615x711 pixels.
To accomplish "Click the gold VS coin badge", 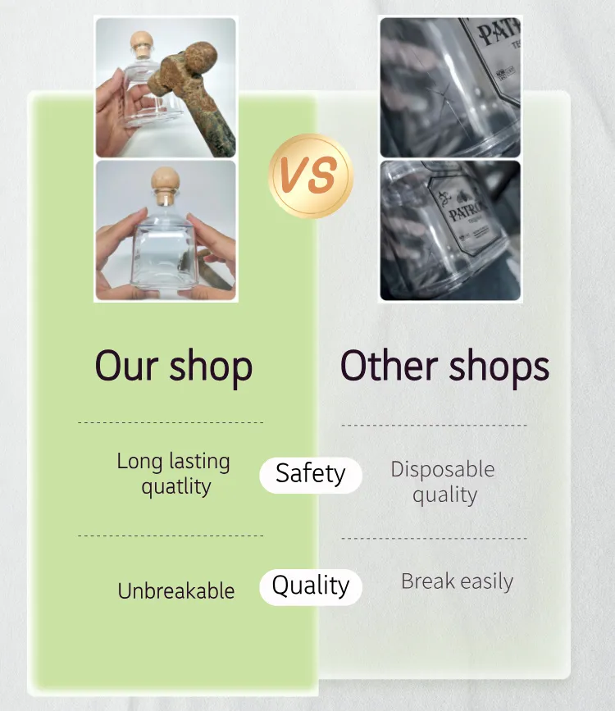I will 311,175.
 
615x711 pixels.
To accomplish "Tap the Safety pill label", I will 310,474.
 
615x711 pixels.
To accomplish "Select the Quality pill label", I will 310,586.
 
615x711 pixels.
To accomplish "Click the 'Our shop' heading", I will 173,366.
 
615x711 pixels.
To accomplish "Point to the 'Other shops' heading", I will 444,366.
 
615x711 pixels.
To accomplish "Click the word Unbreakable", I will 176,590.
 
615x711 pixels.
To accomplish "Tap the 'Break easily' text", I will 457,582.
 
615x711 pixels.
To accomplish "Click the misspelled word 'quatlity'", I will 176,486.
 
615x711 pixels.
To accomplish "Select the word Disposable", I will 443,469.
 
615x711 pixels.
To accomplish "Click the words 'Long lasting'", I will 173,461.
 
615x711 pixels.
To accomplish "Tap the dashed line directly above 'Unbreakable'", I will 171,536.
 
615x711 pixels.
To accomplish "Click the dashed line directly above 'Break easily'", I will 434,539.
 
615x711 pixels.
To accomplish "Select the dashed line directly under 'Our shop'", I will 171,423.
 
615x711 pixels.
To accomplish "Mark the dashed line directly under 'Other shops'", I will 434,426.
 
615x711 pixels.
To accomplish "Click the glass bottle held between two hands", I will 164,246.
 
